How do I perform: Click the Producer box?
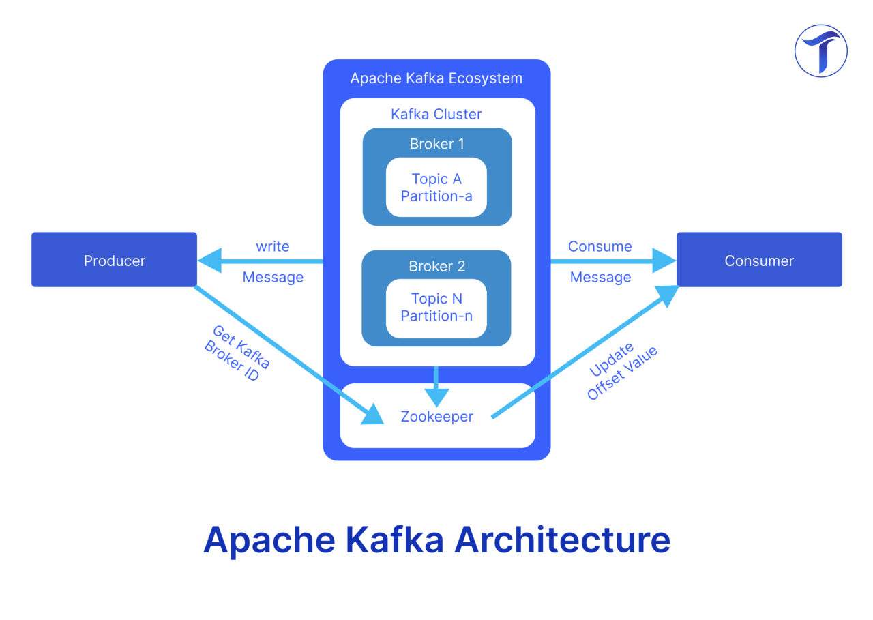pyautogui.click(x=114, y=260)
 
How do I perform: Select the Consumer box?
pyautogui.click(x=758, y=260)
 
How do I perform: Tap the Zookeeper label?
pyautogui.click(x=436, y=416)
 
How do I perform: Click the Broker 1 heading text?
pyautogui.click(x=436, y=144)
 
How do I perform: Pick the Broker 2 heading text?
pyautogui.click(x=436, y=266)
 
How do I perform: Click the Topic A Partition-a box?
pyautogui.click(x=436, y=188)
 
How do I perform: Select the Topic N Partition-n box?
pyautogui.click(x=436, y=308)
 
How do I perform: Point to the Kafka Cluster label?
pyautogui.click(x=436, y=114)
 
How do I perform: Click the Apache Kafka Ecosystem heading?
pyautogui.click(x=436, y=78)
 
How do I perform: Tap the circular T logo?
pyautogui.click(x=820, y=50)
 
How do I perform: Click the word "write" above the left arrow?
pyautogui.click(x=273, y=246)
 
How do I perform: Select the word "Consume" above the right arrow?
pyautogui.click(x=600, y=246)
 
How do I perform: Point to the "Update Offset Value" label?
pyautogui.click(x=621, y=372)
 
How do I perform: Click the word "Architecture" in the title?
pyautogui.click(x=563, y=540)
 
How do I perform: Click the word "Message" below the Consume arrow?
pyautogui.click(x=600, y=277)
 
